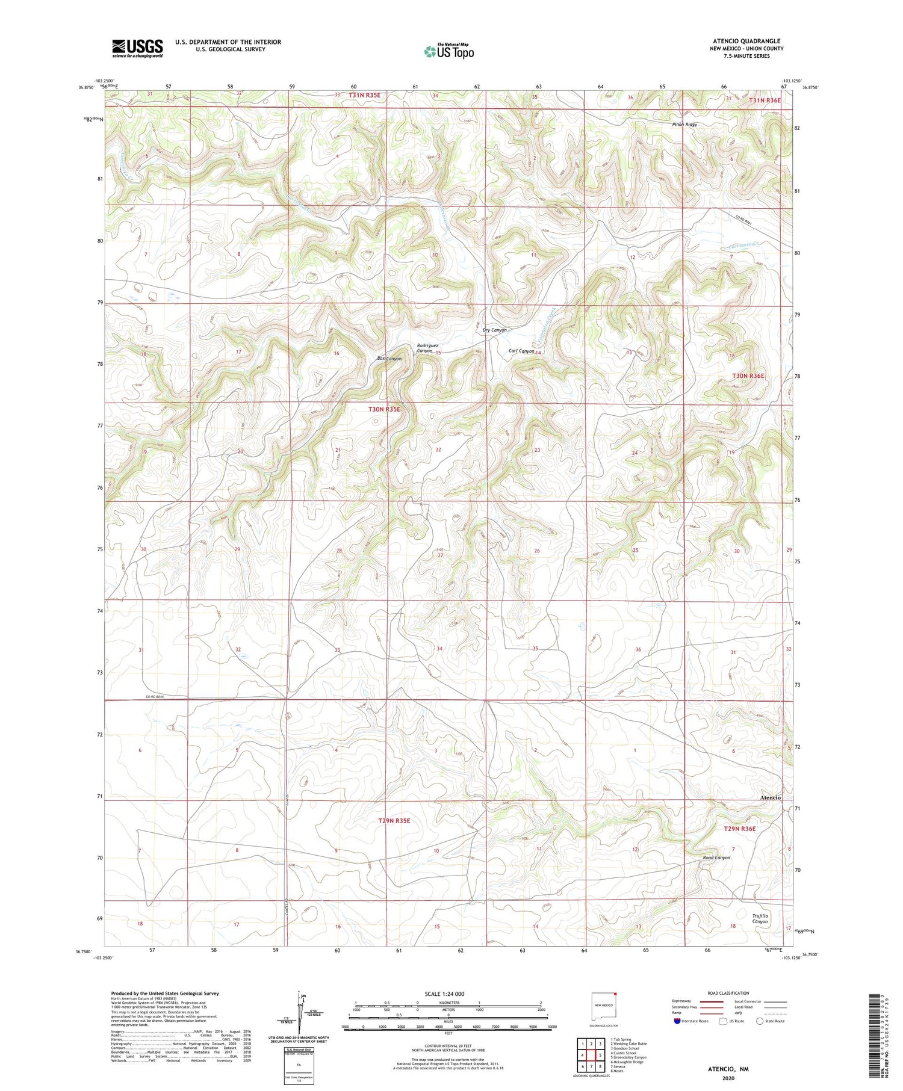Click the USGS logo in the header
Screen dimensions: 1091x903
(137, 48)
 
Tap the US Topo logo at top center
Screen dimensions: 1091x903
(448, 51)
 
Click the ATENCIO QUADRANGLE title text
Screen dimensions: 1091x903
(746, 41)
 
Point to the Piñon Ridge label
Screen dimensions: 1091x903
(684, 125)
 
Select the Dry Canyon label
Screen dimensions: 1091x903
(495, 330)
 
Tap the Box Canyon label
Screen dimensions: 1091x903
(389, 359)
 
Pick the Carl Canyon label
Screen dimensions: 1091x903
(521, 351)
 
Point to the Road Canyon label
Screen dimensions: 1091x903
(716, 858)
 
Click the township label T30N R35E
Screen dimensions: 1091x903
(384, 409)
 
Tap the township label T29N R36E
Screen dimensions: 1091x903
(739, 829)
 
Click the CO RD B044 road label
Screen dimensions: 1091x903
(155, 697)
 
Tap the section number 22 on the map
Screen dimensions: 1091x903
(438, 450)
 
